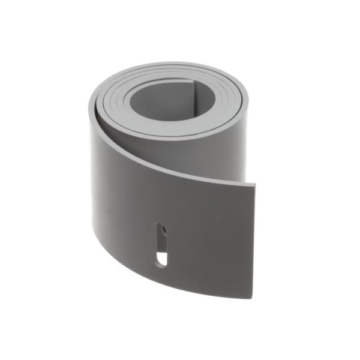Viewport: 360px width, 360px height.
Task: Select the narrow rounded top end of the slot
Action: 159,226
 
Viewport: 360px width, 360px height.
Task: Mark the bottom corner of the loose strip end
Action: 253,298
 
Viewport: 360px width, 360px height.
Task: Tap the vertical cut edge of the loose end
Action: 254,240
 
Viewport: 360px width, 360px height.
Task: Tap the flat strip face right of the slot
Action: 210,240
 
